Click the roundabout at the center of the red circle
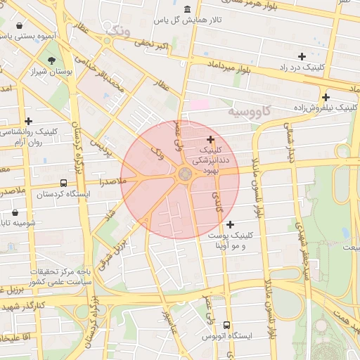click(185, 174)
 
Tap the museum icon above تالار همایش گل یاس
click(186, 9)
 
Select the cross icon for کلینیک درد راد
click(302, 56)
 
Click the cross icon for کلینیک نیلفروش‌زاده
click(326, 97)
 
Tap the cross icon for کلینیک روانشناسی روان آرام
click(28, 121)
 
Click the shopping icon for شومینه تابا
click(15, 212)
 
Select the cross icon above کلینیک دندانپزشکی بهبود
click(210, 139)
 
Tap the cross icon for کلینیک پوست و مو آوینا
click(231, 224)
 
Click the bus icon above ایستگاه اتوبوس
click(226, 325)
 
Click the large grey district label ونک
click(117, 31)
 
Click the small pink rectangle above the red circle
click(200, 104)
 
